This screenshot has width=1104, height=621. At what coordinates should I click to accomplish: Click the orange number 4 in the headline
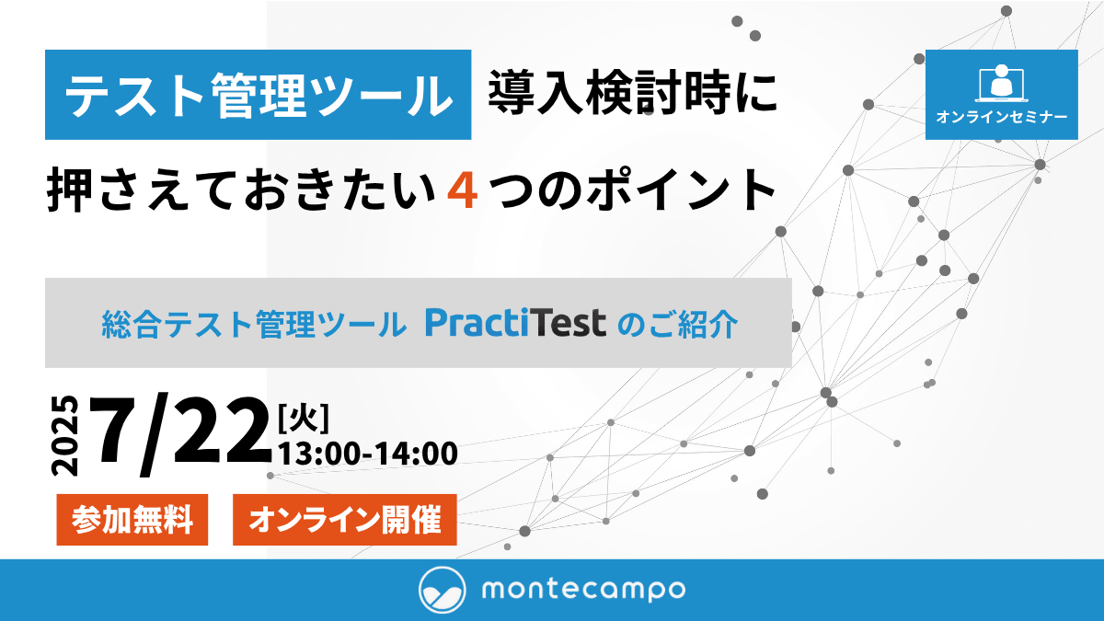tap(462, 190)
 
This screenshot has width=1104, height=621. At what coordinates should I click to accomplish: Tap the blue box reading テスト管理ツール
tap(258, 95)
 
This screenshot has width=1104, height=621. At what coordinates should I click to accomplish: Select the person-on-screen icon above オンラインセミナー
tap(1001, 83)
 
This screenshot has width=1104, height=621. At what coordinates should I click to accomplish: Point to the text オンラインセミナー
tap(1002, 117)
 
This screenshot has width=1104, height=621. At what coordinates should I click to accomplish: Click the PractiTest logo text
tap(515, 323)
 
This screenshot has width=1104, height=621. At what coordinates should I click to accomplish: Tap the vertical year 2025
tap(64, 436)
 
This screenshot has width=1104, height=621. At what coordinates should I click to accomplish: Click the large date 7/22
tap(180, 434)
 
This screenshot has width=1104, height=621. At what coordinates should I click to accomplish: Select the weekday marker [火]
tap(304, 419)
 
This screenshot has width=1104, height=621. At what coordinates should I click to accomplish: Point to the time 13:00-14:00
tap(368, 454)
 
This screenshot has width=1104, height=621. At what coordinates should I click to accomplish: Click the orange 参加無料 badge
tap(132, 520)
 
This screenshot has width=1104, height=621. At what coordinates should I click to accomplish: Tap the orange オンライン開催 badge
tap(344, 520)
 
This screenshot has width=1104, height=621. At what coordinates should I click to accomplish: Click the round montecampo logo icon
tap(443, 590)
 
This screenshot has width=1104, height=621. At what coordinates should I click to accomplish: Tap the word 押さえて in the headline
tap(117, 190)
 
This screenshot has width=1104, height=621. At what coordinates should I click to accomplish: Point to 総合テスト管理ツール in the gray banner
tap(254, 324)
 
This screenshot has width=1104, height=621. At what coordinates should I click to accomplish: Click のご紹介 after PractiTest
tap(678, 324)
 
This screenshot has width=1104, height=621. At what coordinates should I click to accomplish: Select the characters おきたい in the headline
tap(339, 190)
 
